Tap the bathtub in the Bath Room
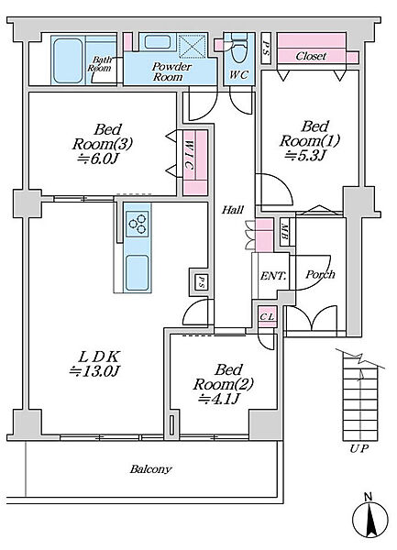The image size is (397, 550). pyautogui.click(x=68, y=60)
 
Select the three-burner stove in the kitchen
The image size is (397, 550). pyautogui.click(x=138, y=224)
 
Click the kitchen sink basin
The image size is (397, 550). pyautogui.click(x=137, y=272)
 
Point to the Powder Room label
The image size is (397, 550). pyautogui.click(x=171, y=71)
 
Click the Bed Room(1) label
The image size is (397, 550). pyautogui.click(x=310, y=134)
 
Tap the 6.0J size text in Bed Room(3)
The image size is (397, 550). pyautogui.click(x=99, y=159)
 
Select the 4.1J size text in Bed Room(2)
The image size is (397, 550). pyautogui.click(x=219, y=399)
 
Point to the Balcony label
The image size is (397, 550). pyautogui.click(x=150, y=469)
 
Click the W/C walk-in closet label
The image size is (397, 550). pyautogui.click(x=189, y=155)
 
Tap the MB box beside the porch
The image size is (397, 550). pyautogui.click(x=284, y=234)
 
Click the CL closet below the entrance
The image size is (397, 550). pyautogui.click(x=268, y=317)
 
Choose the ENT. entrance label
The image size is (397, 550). pyautogui.click(x=273, y=276)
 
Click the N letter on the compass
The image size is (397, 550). pyautogui.click(x=368, y=497)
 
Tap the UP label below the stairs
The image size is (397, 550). pyautogui.click(x=358, y=448)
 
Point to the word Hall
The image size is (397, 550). pyautogui.click(x=233, y=210)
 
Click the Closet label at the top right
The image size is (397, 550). pyautogui.click(x=311, y=56)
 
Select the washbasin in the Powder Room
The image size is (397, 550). pyautogui.click(x=158, y=42)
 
